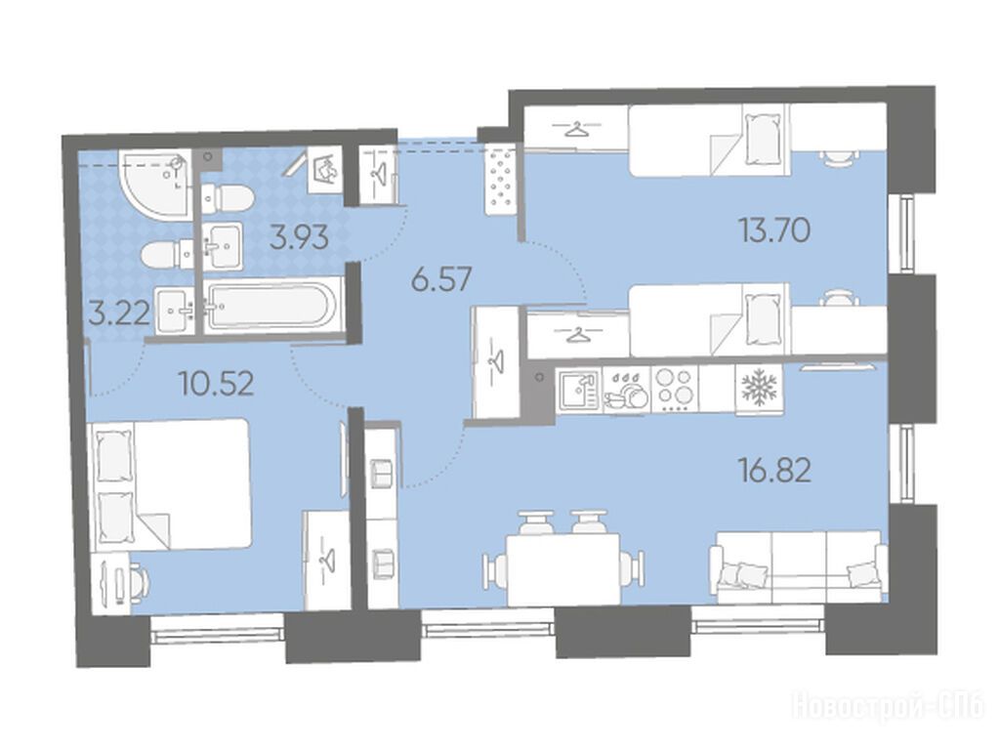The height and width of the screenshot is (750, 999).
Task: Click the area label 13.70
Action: (774, 230)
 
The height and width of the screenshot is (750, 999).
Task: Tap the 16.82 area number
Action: (774, 472)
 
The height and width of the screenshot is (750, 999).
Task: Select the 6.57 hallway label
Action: (441, 279)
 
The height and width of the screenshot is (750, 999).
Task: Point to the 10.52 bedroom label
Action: (217, 384)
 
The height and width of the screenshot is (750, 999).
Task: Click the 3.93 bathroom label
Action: (299, 237)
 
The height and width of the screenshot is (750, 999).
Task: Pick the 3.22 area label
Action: (119, 312)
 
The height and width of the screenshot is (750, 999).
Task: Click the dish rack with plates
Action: (626, 390)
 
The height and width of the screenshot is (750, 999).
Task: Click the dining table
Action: (562, 569)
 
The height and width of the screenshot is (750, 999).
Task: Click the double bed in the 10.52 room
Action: (171, 483)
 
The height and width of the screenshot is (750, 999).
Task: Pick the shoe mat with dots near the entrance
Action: (501, 180)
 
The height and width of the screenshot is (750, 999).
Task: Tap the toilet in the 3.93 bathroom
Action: (227, 197)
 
